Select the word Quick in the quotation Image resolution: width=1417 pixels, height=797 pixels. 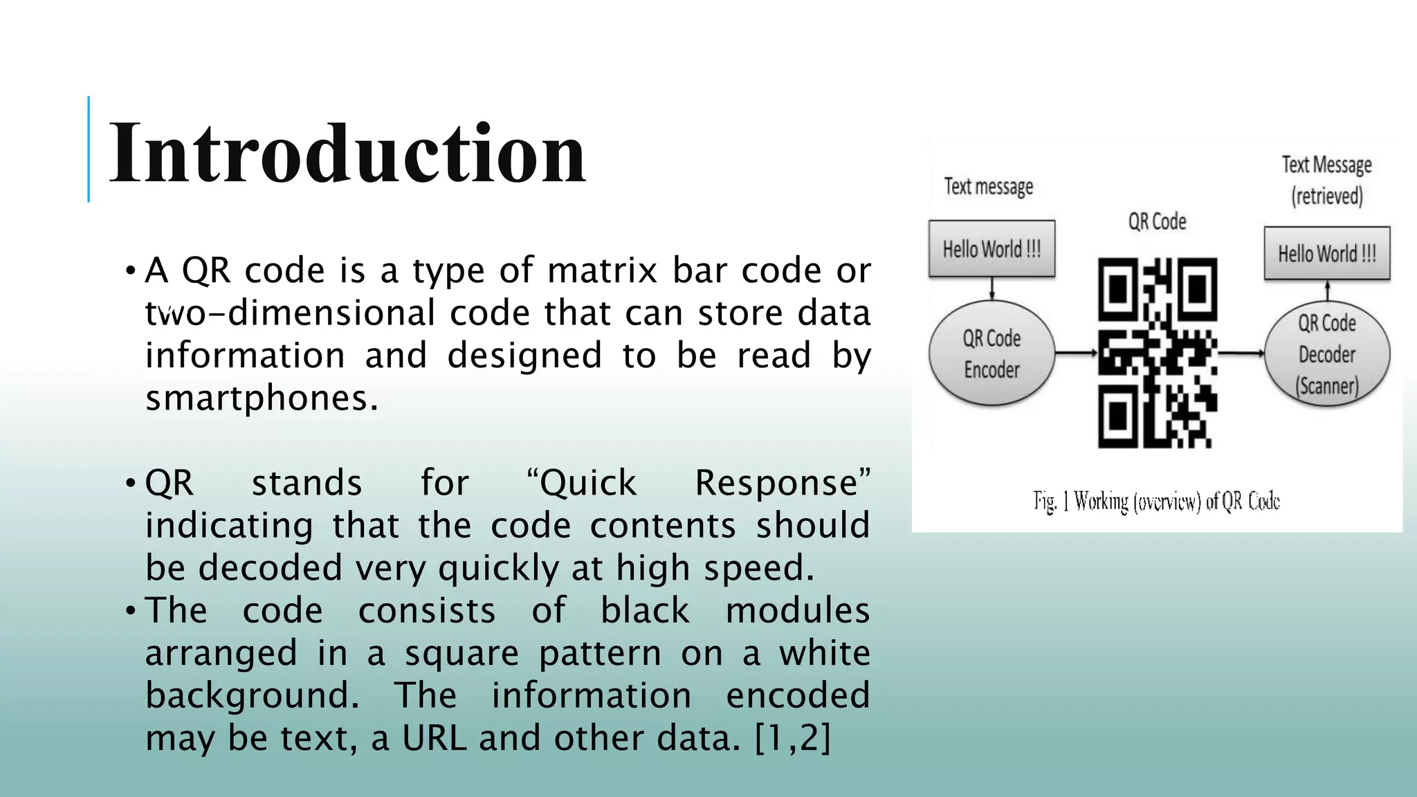(587, 483)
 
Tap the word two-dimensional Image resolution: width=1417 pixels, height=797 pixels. (290, 313)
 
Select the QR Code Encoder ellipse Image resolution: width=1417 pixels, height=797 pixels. (991, 354)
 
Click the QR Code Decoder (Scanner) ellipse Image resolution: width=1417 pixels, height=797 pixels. (1326, 354)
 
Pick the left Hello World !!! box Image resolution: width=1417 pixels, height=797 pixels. (991, 248)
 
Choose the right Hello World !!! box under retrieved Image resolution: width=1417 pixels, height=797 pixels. (1326, 253)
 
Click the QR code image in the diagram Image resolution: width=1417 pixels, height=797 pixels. (1157, 352)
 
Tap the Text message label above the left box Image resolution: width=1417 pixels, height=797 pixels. (988, 186)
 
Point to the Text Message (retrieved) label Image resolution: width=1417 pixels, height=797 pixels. (1326, 180)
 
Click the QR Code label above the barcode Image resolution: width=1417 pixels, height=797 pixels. (1157, 221)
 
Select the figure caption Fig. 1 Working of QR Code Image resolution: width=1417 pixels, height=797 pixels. (1156, 501)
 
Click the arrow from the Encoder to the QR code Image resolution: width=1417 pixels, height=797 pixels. (1076, 354)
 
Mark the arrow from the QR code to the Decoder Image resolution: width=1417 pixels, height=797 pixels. (1241, 354)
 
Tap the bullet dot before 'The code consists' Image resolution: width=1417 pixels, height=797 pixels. (130, 611)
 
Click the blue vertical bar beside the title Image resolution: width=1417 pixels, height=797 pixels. (89, 149)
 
